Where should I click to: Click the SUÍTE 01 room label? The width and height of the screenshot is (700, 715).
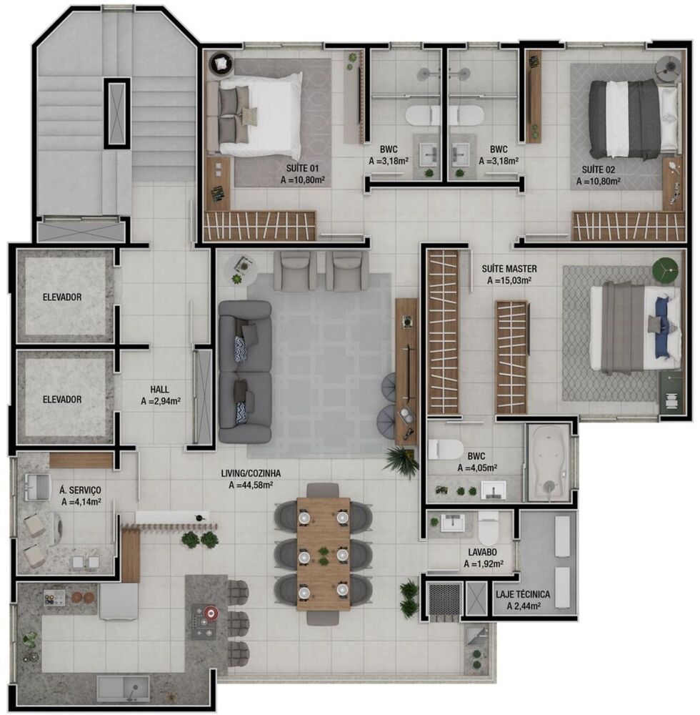304,169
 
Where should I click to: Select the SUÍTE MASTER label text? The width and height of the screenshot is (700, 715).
509,269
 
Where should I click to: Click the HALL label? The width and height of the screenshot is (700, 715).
159,389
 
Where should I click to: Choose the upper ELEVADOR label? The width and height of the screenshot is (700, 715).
61,297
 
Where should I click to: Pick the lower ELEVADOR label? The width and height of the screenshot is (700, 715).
61,400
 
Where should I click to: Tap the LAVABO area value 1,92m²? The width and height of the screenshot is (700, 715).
484,564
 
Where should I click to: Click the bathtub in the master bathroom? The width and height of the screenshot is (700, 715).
549,463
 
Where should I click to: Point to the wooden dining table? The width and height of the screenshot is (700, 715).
324,553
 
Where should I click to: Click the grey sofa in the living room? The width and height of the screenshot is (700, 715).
245,371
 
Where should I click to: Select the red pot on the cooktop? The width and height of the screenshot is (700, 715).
211,613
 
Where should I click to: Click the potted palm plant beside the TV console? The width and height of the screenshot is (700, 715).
402,461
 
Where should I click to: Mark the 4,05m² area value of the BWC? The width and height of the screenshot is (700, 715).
477,468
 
